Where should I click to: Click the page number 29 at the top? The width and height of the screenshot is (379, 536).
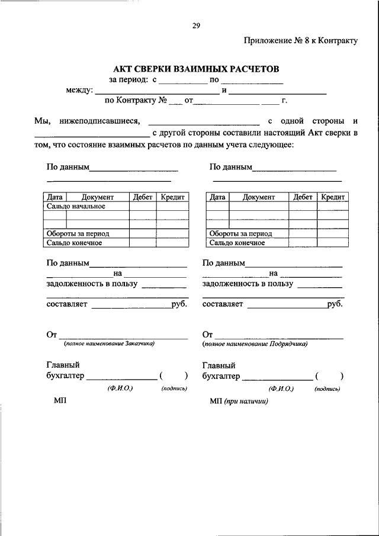[196, 25]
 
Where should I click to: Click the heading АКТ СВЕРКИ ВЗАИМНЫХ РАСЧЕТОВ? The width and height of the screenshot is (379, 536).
[195, 69]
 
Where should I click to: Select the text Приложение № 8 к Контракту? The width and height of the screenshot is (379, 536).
[301, 41]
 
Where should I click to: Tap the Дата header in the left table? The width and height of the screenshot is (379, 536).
[54, 197]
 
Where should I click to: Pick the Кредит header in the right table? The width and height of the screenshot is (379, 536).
[333, 197]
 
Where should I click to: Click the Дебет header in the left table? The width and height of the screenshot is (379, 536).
[143, 197]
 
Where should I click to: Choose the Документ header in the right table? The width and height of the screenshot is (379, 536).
[258, 197]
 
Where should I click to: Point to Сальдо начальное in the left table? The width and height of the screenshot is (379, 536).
[76, 206]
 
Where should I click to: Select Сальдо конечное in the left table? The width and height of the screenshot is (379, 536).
[75, 242]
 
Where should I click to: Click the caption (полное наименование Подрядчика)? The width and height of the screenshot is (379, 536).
[255, 344]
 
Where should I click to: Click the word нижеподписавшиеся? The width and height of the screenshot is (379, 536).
[97, 121]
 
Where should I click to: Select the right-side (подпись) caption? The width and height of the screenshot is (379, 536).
[327, 389]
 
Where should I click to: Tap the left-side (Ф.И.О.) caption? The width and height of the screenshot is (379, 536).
[120, 389]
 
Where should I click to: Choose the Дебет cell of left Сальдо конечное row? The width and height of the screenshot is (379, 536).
[143, 242]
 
